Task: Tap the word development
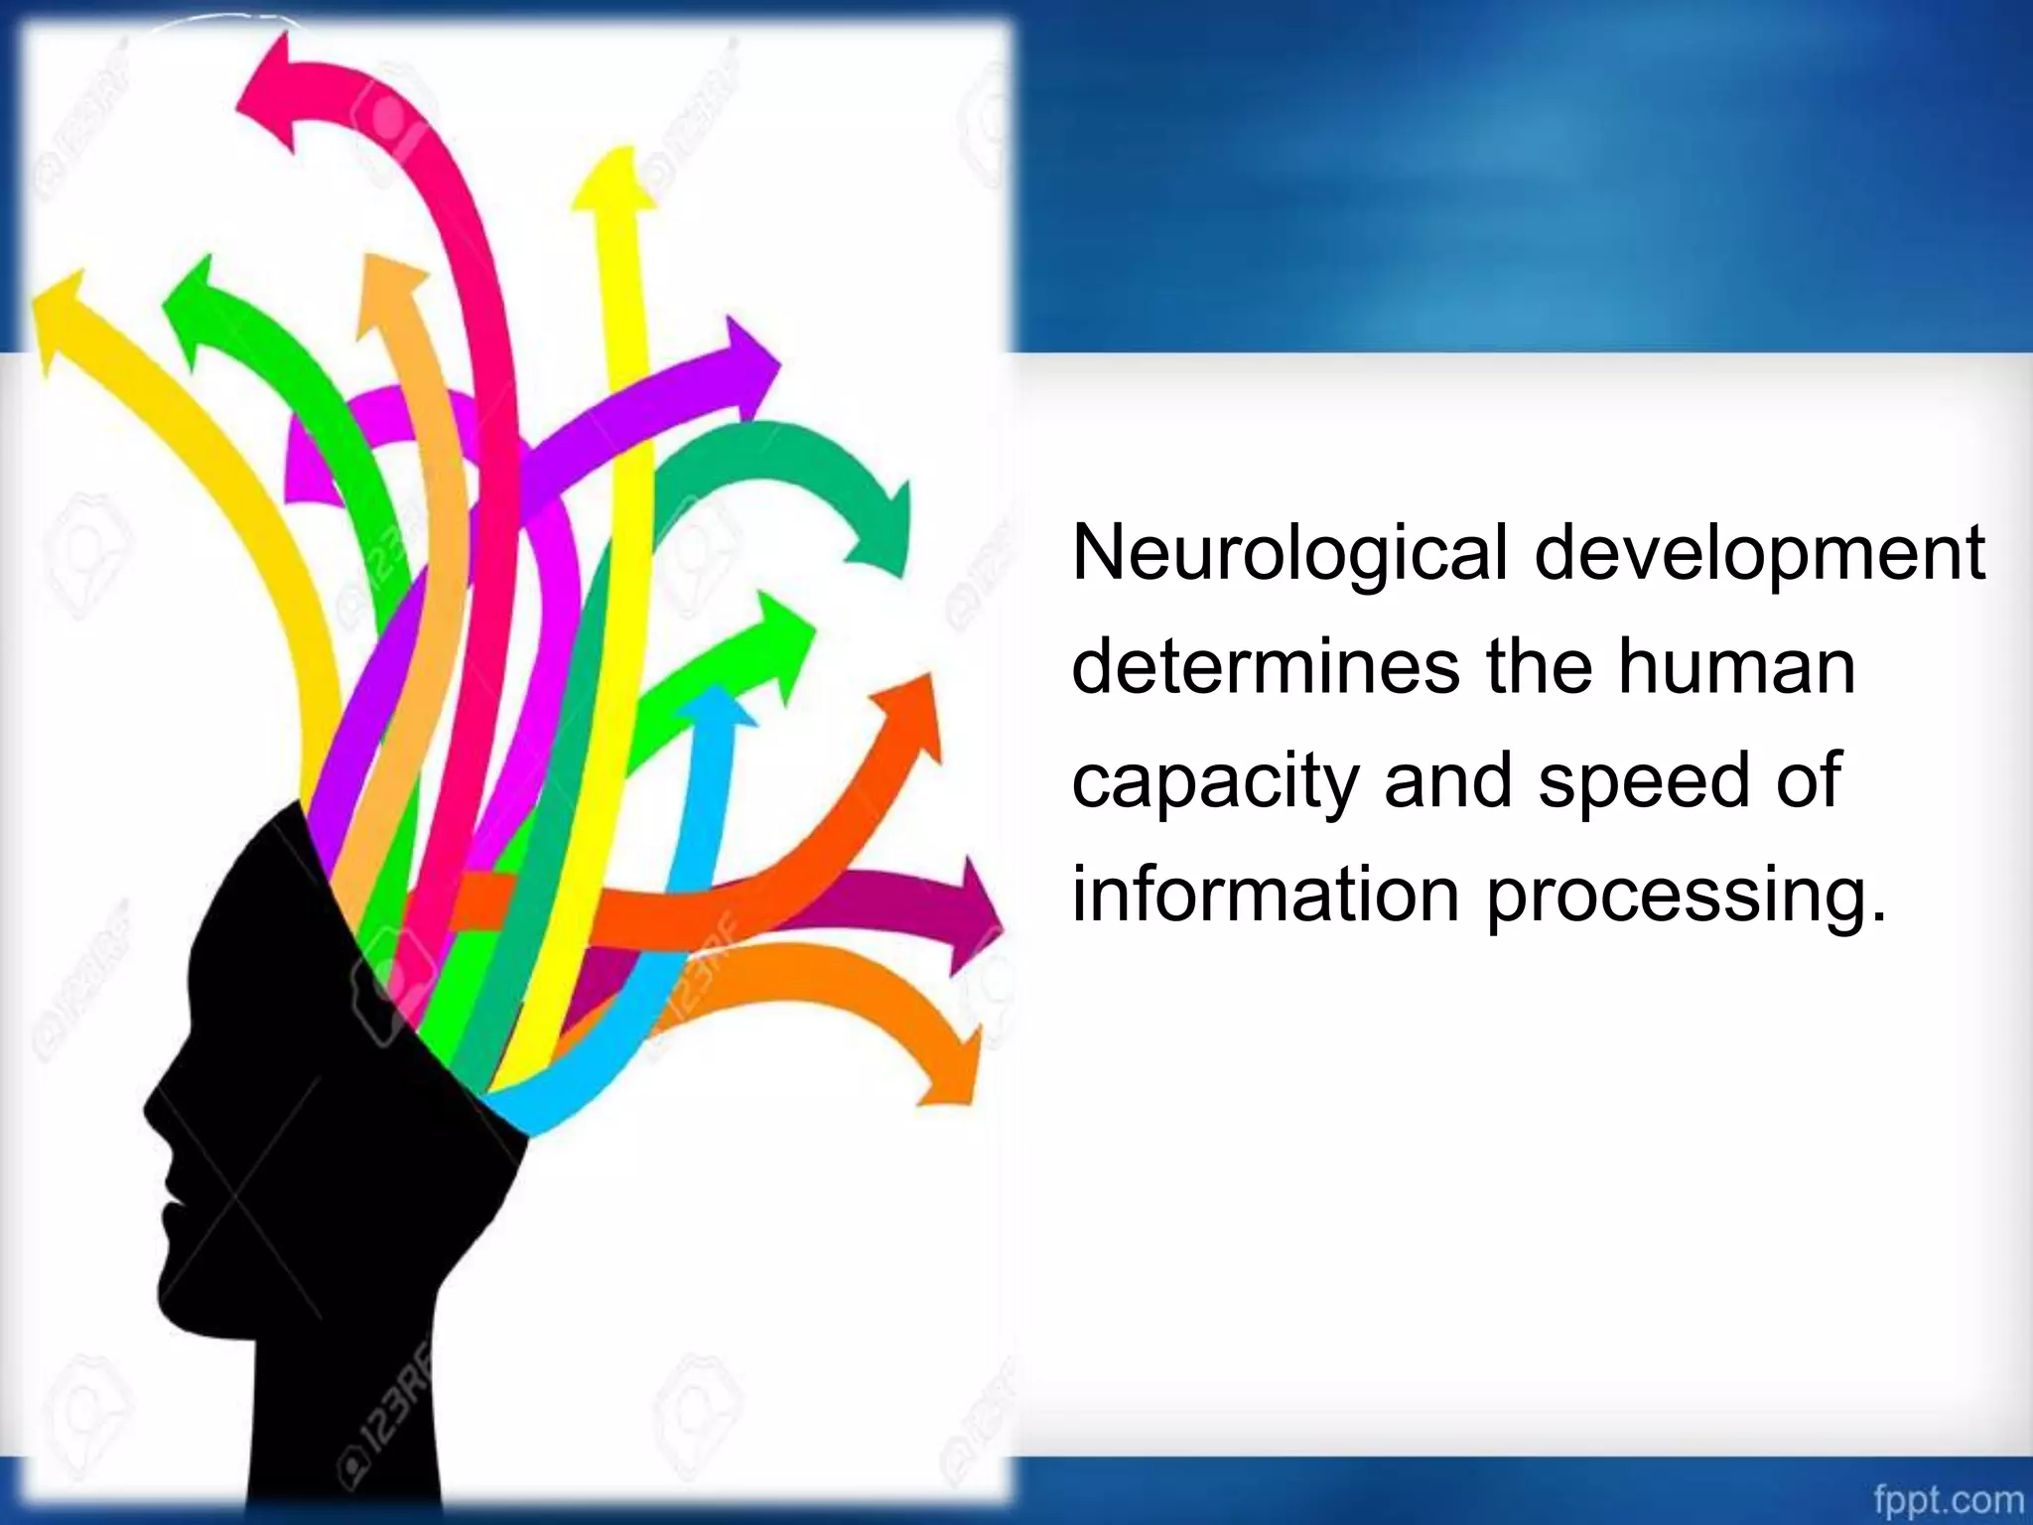pyautogui.click(x=1760, y=556)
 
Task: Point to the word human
pyautogui.click(x=1737, y=667)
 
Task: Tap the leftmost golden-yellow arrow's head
pyautogui.click(x=62, y=313)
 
